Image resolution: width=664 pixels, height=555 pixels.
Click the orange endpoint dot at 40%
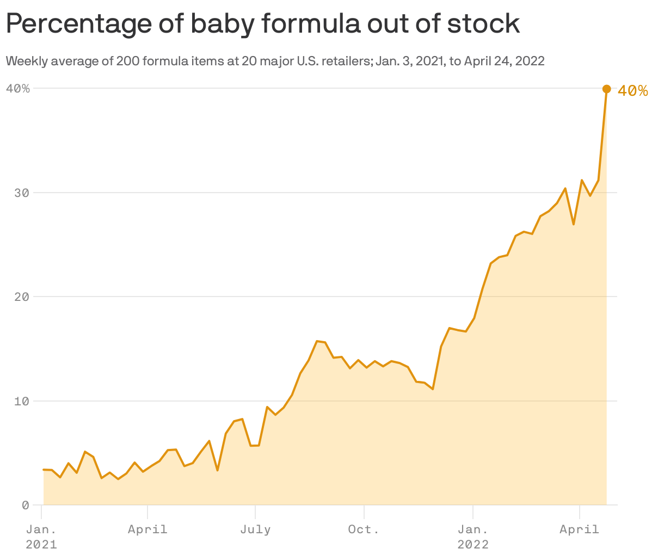(606, 89)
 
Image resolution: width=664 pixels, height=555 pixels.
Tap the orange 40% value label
(633, 91)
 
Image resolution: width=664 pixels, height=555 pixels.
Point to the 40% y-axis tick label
(17, 88)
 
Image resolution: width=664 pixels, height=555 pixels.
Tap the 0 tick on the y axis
(25, 505)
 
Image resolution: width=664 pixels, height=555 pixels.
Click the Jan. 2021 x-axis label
(41, 536)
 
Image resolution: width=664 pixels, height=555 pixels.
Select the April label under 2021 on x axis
(147, 529)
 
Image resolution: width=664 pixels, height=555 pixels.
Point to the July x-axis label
(255, 529)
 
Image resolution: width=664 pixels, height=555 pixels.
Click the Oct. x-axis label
(364, 529)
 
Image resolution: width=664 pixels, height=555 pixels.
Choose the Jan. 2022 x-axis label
(473, 536)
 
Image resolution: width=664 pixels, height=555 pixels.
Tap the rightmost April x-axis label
(579, 529)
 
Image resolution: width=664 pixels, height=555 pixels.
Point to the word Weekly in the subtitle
(24, 61)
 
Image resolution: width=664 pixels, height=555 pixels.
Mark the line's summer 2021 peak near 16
(317, 341)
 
